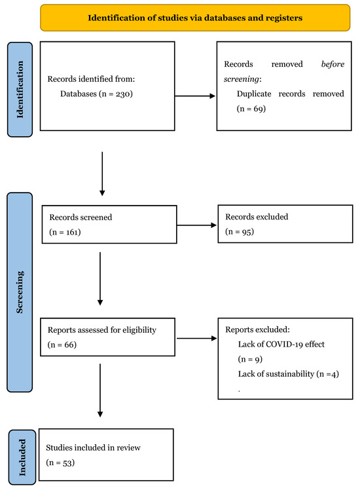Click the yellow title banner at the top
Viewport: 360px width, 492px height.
coord(195,18)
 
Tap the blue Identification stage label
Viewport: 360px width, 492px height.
coord(20,90)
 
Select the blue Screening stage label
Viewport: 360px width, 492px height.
coord(20,292)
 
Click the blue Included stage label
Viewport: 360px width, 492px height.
coord(22,457)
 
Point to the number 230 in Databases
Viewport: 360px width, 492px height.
coord(123,94)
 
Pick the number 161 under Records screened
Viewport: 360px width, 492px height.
coord(72,232)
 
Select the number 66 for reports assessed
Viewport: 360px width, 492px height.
coord(69,345)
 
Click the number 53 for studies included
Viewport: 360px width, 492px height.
coord(67,463)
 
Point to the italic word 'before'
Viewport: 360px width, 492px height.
coord(333,64)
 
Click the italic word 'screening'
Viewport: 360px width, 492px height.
coord(242,79)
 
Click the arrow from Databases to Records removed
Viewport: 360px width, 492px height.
coord(195,96)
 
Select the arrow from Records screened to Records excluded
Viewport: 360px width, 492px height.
coord(196,225)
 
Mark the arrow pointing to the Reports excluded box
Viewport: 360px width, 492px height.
coord(196,338)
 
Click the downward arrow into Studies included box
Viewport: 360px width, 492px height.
coord(100,390)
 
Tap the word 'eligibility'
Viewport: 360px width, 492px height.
coord(139,330)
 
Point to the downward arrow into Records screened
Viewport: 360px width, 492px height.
coord(102,174)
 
